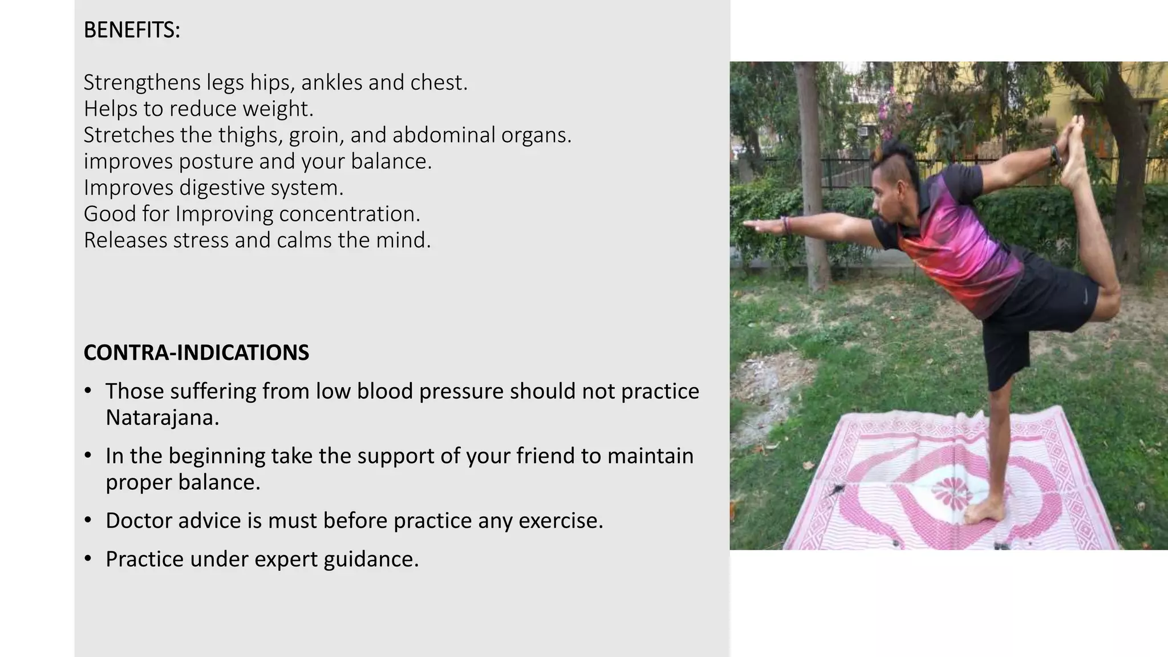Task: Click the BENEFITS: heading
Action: pos(132,30)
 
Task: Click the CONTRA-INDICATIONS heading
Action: pos(196,352)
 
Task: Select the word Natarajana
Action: pos(162,418)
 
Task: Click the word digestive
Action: pos(221,188)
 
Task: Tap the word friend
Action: pos(545,456)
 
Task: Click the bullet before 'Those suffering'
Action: pos(87,391)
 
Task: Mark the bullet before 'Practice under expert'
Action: pos(87,559)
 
